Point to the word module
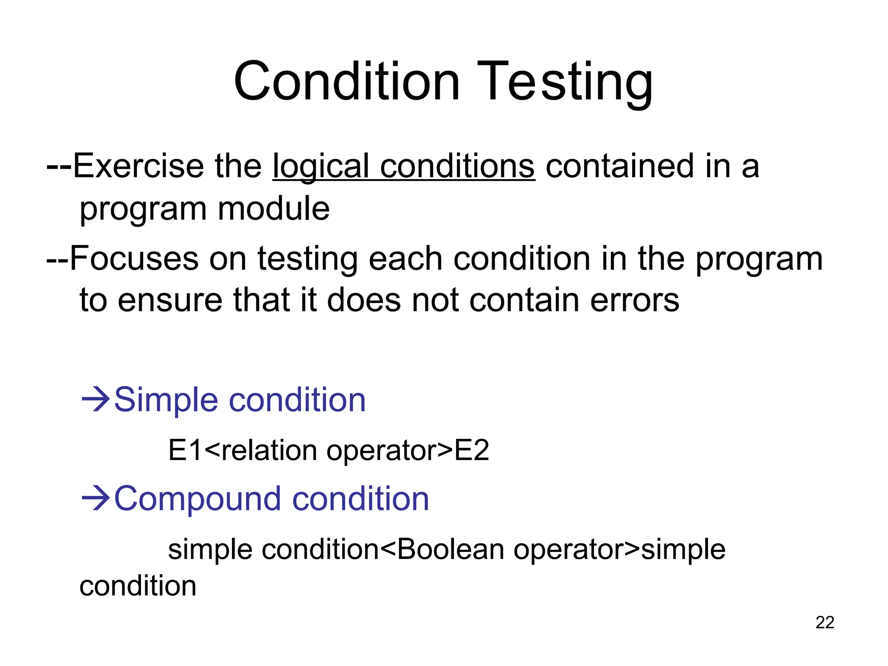click(x=274, y=209)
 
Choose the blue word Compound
click(x=198, y=498)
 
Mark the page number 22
click(x=825, y=622)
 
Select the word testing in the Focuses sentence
click(x=307, y=259)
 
